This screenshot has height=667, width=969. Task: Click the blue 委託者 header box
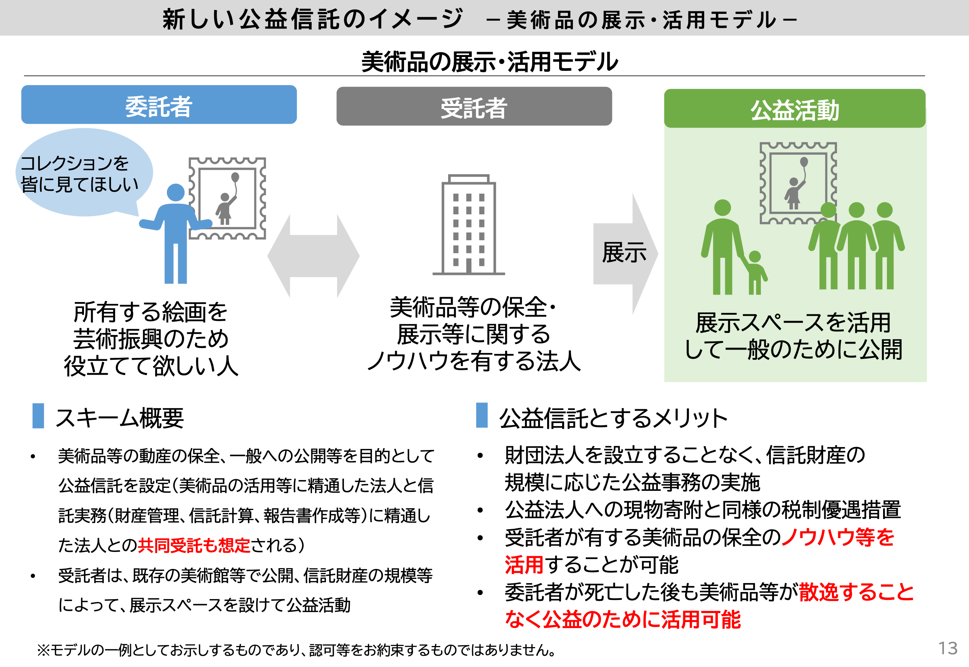(x=159, y=105)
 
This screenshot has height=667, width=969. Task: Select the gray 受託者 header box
(x=474, y=106)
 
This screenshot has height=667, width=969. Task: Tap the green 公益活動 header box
(x=794, y=109)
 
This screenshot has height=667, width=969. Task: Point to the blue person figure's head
(x=175, y=193)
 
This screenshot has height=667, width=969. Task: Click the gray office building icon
(x=468, y=226)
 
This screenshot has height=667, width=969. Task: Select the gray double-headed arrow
(x=313, y=256)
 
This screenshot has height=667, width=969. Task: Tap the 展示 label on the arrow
(x=624, y=253)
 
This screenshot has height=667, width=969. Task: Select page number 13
(x=947, y=648)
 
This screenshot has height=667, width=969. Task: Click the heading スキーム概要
(x=120, y=418)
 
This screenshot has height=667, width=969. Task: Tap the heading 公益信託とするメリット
(x=613, y=418)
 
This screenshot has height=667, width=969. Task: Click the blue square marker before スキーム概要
(x=38, y=416)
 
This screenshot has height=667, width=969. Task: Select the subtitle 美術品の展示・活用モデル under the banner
(x=489, y=62)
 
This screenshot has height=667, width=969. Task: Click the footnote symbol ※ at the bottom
(x=43, y=650)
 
